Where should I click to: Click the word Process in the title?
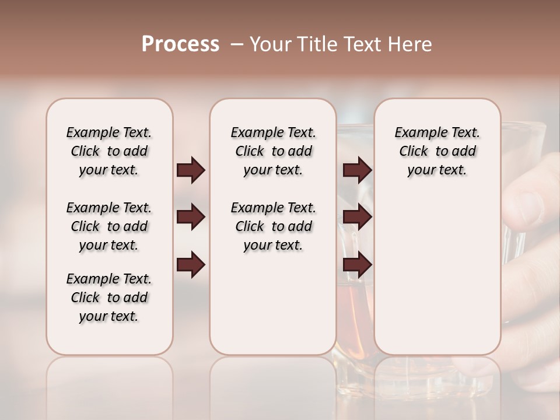coord(180,44)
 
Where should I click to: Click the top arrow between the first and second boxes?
coord(191,170)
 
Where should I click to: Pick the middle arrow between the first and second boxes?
coord(191,218)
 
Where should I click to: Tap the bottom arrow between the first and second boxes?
coord(191,265)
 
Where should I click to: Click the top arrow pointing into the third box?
coord(358,170)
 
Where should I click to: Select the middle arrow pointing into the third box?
coord(358,218)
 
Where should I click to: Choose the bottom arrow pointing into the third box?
coord(358,265)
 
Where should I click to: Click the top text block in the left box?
coord(109,151)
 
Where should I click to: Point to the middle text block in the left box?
coord(109,226)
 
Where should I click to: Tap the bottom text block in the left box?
coord(109,297)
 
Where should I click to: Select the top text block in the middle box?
coord(273,151)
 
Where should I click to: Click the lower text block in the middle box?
coord(273,226)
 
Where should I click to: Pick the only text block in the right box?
coord(437,151)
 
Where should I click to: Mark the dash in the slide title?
coord(237,44)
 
